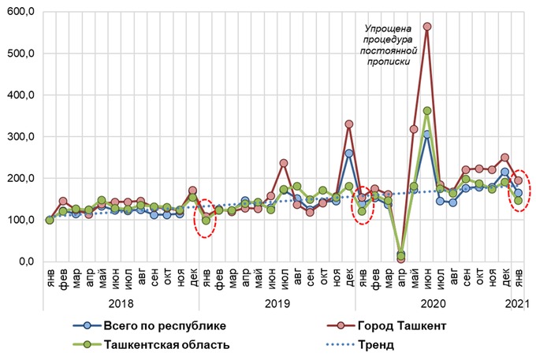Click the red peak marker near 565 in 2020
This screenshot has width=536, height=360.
pyautogui.click(x=427, y=27)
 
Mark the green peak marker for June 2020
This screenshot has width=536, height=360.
pyautogui.click(x=427, y=111)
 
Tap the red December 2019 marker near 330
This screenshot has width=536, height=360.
pyautogui.click(x=349, y=124)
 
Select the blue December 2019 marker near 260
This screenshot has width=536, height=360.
pyautogui.click(x=349, y=154)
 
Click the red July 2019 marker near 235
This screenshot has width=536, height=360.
pyautogui.click(x=284, y=163)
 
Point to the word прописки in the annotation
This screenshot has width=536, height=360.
pyautogui.click(x=383, y=61)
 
